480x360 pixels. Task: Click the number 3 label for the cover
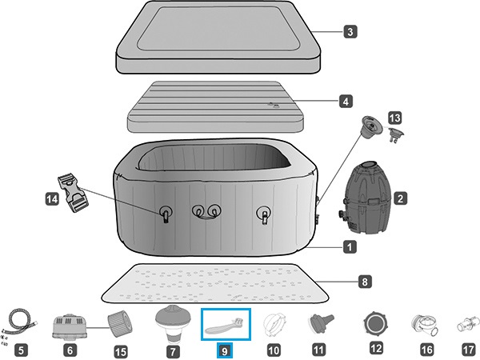tap(350, 31)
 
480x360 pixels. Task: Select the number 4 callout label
tap(346, 101)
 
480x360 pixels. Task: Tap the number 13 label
tap(395, 118)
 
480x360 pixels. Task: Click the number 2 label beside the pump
tap(401, 198)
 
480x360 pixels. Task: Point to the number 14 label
tap(52, 199)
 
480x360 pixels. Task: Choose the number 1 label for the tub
tap(350, 246)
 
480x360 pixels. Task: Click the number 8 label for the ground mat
tap(365, 282)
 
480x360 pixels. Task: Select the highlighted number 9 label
tap(225, 350)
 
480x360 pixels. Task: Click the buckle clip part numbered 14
tap(73, 193)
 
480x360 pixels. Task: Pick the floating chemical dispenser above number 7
tap(174, 324)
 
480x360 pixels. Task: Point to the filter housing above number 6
tap(70, 327)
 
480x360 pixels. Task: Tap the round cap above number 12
tap(376, 324)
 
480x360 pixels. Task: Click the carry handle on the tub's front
tap(207, 214)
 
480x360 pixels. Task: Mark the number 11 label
tap(318, 350)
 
